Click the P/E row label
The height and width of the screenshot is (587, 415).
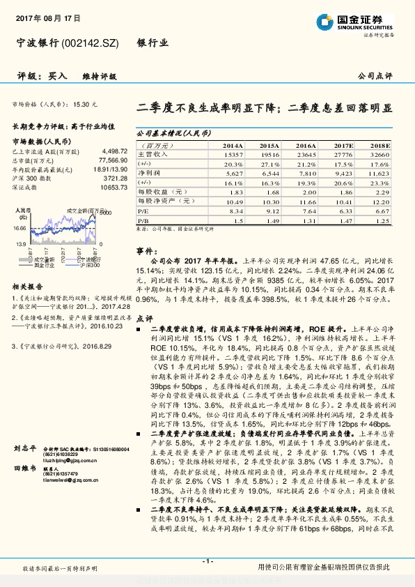[x=143, y=209]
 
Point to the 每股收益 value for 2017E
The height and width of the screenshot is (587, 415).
[x=343, y=191]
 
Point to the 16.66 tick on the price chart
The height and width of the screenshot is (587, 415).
[x=19, y=228]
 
